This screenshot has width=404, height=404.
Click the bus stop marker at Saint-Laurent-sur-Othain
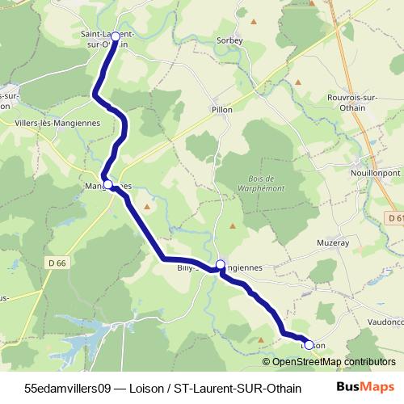(x=115, y=36)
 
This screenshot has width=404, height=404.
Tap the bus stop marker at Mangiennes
(x=107, y=184)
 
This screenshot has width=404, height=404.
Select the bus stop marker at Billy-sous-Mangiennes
(x=221, y=264)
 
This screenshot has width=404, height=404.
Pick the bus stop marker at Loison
(x=309, y=345)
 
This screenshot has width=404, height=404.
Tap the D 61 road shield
(x=393, y=218)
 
